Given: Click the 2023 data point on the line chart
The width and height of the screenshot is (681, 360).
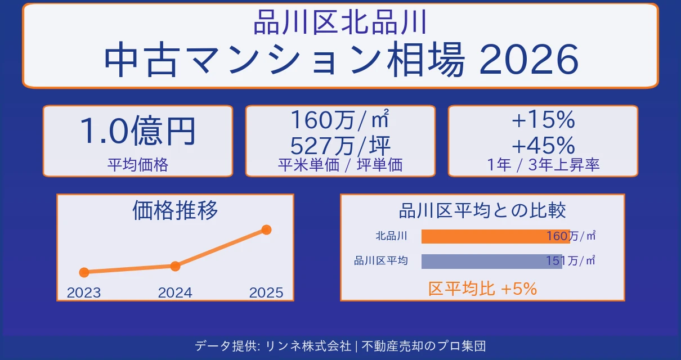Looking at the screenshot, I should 84,272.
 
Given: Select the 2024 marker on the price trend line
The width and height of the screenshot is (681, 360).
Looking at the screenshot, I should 175,266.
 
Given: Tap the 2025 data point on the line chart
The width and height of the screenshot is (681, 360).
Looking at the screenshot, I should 267,229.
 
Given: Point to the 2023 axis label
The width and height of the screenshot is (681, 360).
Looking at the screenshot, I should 84,292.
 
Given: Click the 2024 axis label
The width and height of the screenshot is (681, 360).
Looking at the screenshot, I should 175,292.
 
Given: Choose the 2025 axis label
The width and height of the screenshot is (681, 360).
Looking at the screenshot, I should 266,292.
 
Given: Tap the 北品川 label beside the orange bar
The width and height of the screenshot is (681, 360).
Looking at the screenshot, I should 391,236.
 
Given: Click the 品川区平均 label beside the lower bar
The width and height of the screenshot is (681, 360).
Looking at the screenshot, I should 380,261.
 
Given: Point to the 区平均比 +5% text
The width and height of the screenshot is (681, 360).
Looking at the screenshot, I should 482,289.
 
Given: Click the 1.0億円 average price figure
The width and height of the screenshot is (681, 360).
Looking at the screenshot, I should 137,132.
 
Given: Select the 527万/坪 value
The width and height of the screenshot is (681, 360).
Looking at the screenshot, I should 340,146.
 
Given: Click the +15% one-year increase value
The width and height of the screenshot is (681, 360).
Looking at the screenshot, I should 543,120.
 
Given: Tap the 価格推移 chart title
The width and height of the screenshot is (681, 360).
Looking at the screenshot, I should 175,210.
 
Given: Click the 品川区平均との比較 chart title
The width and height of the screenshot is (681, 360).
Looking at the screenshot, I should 482,210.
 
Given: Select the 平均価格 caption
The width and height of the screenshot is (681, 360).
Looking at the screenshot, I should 137,165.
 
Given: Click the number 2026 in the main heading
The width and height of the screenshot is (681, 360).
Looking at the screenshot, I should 529,61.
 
